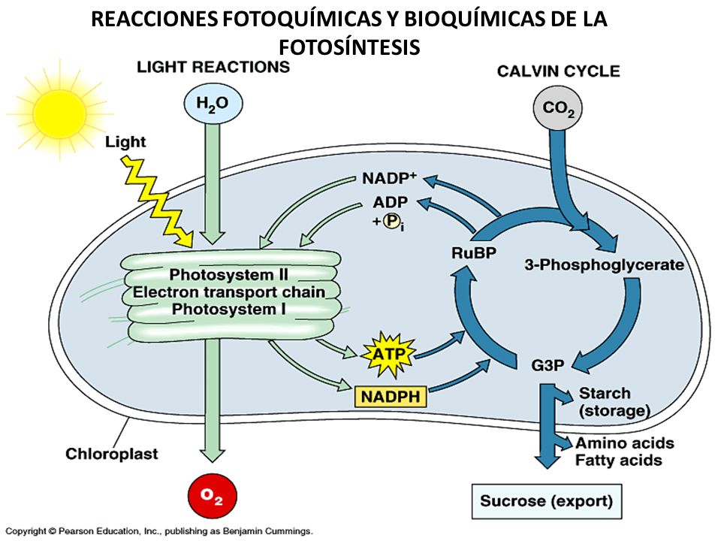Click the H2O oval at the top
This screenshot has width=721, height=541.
[x=213, y=103]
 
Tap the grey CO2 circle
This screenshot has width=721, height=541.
[x=558, y=108]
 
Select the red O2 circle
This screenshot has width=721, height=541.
[x=213, y=496]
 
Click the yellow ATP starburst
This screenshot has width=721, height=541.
[x=388, y=355]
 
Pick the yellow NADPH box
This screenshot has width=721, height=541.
[x=391, y=397]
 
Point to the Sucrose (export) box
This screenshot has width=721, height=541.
[x=547, y=501]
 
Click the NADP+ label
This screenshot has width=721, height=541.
[x=389, y=178]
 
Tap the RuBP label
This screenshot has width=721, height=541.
[x=474, y=252]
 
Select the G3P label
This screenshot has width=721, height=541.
[x=548, y=365]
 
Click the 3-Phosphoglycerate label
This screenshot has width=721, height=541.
[x=604, y=265]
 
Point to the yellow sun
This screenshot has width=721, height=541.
[x=60, y=113]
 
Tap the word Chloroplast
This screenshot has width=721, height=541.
[x=112, y=454]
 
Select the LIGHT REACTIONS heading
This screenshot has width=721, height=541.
[x=213, y=67]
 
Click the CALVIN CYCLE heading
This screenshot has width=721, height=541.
[x=559, y=71]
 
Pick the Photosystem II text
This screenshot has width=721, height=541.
[x=228, y=275]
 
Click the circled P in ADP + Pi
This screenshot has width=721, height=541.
[x=391, y=221]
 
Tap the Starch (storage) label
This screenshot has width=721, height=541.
[x=614, y=402]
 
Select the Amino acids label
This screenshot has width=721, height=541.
[x=625, y=443]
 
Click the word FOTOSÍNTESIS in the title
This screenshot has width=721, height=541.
[x=349, y=47]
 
